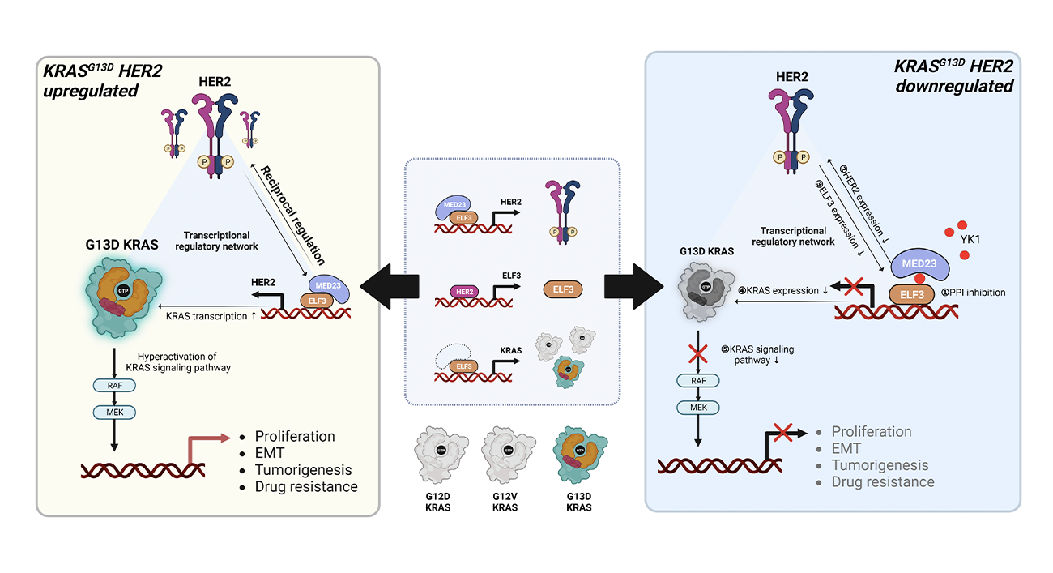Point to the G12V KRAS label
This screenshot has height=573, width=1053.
[509, 501]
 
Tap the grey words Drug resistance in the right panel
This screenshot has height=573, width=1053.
[883, 481]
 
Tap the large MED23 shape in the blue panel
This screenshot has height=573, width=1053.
[920, 264]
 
